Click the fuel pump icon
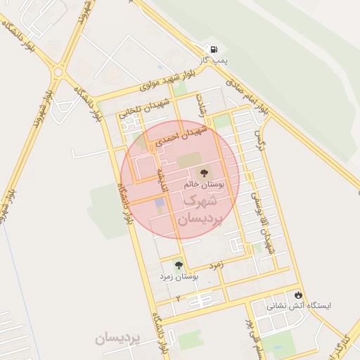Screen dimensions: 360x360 [212, 49]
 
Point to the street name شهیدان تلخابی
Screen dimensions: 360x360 [146, 105]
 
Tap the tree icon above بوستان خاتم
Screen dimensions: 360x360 [205, 172]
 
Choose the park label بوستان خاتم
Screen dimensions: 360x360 [205, 184]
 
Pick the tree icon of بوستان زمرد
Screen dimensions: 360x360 [179, 265]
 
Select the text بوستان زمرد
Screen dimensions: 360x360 [179, 278]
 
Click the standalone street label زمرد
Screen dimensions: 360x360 [214, 265]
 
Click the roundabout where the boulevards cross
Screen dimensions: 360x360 [58, 71]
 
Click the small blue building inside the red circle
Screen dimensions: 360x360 [159, 205]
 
